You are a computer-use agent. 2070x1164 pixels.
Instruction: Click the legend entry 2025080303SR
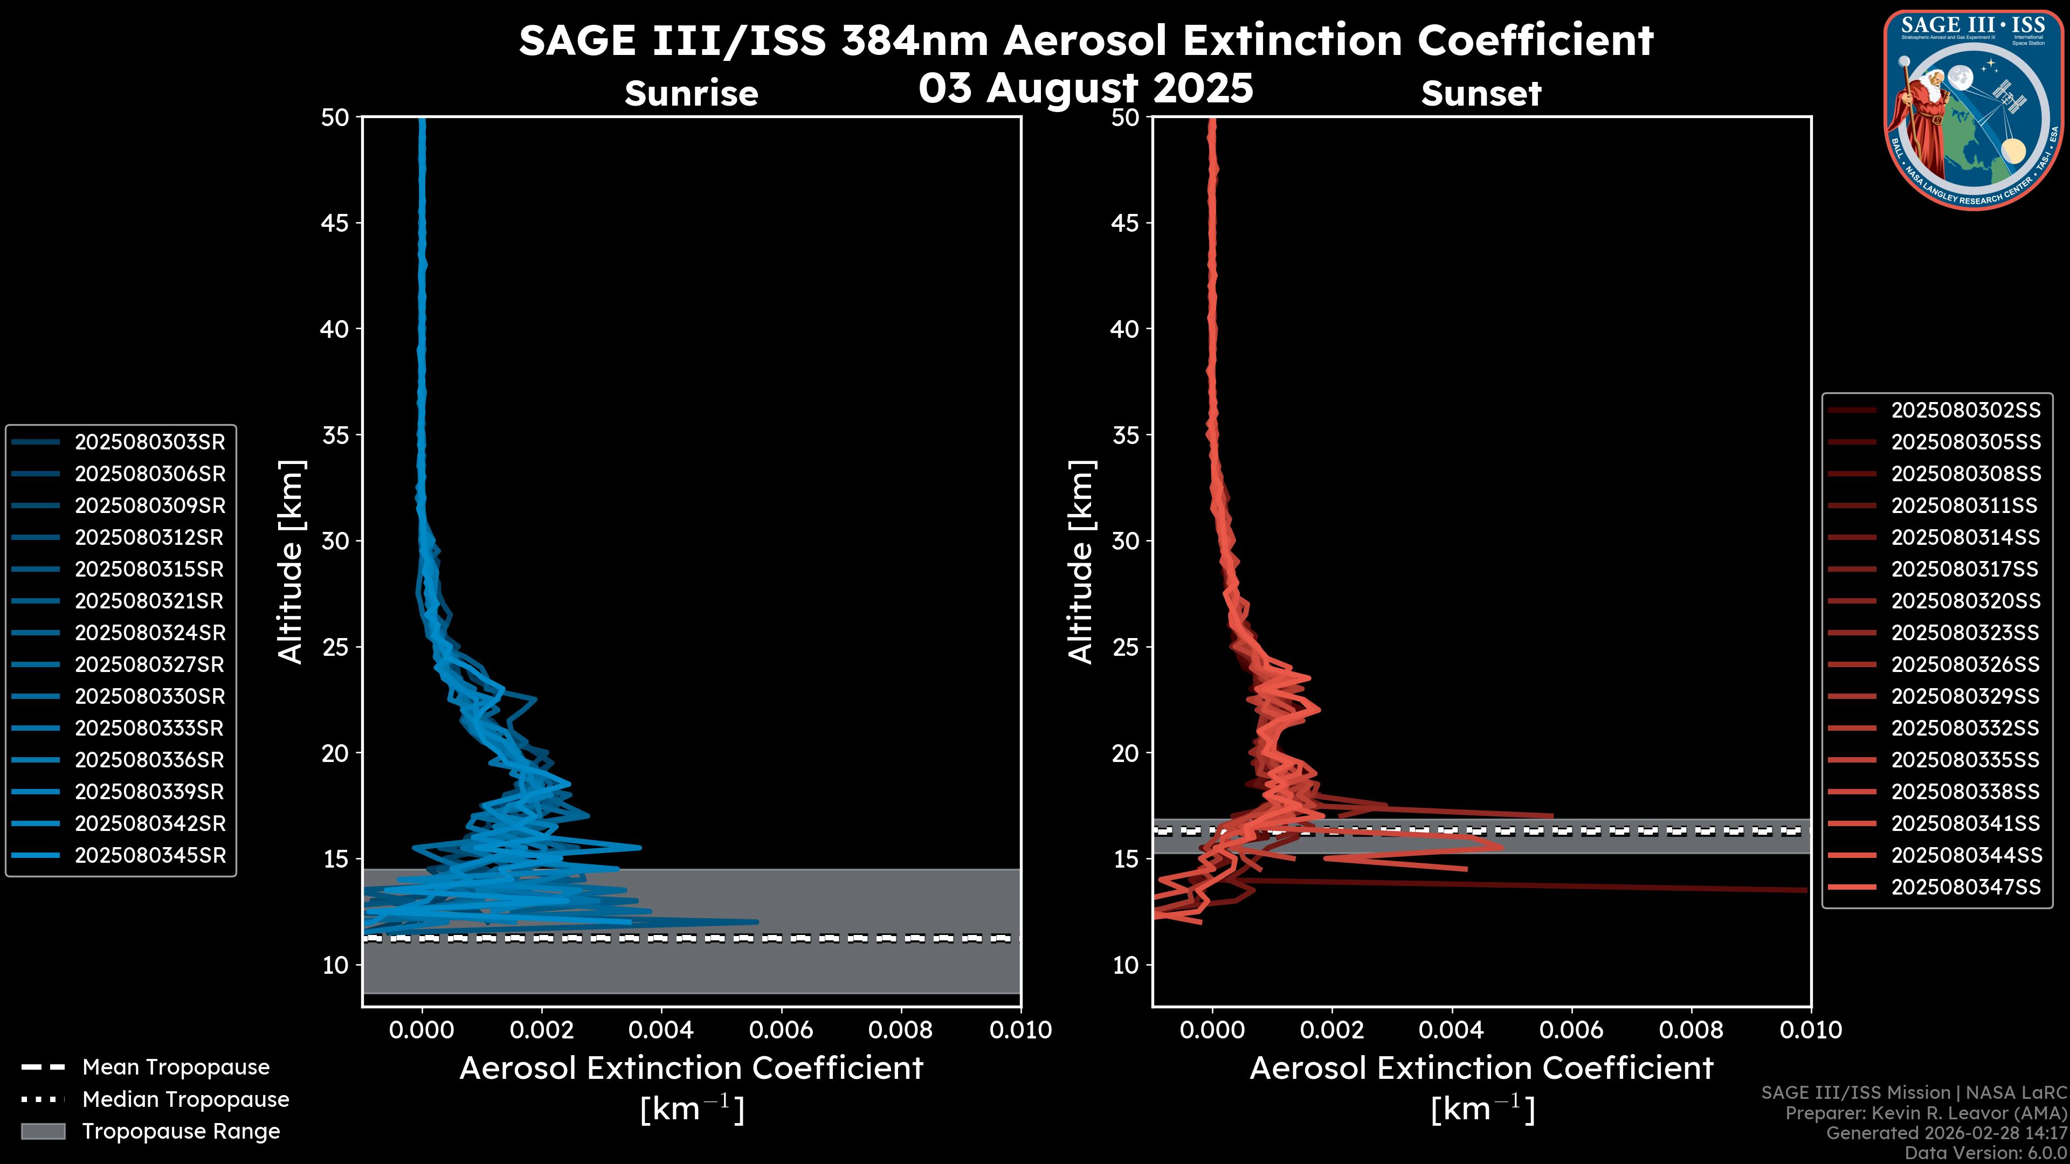149,442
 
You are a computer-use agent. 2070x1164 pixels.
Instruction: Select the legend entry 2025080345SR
149,856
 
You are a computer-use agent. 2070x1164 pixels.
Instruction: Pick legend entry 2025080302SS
1965,411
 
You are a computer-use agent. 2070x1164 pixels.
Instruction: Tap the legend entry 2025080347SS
1965,887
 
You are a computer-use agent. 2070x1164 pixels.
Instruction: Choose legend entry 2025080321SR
149,601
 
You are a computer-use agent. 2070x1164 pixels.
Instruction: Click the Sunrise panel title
691,93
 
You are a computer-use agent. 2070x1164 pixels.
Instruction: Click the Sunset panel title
1481,93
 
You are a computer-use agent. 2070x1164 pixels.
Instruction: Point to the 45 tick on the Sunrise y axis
335,223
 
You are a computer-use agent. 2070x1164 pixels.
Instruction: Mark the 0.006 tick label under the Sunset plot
1572,1030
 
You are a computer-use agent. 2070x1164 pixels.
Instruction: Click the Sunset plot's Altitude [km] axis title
1081,562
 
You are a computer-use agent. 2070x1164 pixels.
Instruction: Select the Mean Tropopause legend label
176,1068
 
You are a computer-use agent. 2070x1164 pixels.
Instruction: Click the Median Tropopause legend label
185,1100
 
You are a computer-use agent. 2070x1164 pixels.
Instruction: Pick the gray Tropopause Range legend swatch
43,1131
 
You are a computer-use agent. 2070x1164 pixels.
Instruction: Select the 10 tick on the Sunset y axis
1125,965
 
